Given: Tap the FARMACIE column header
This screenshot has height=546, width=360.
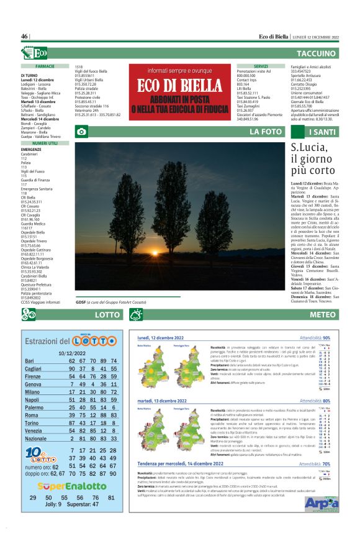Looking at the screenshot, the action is pyautogui.click(x=45, y=65).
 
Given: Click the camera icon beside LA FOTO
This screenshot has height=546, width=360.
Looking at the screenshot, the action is pyautogui.click(x=81, y=132).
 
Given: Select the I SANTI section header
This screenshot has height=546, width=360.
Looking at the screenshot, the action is pyautogui.click(x=323, y=132).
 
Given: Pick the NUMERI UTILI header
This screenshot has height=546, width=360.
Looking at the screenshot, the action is pyautogui.click(x=45, y=143).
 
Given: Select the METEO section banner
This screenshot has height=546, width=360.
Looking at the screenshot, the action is pyautogui.click(x=323, y=315).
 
